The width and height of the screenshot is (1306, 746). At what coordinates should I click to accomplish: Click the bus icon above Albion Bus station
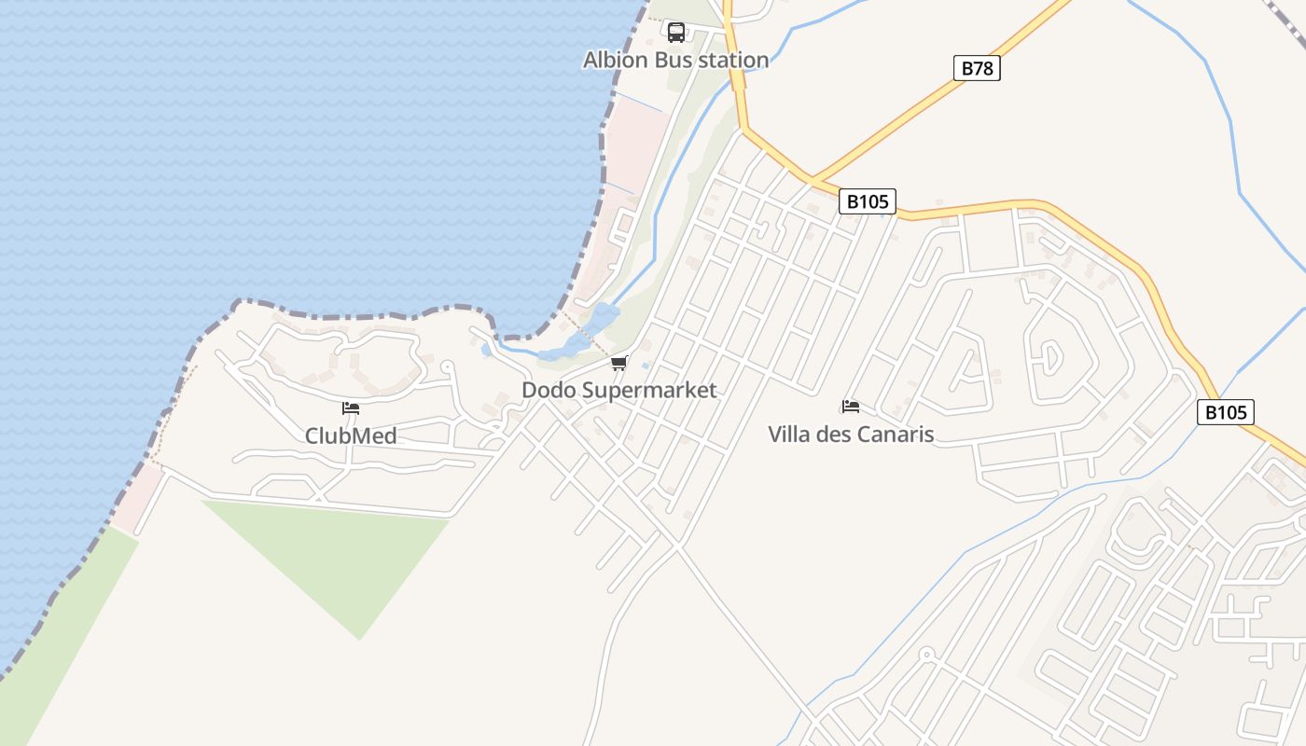click(676, 34)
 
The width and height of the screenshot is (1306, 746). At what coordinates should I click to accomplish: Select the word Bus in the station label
click(671, 60)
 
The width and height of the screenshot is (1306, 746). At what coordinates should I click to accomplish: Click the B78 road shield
click(977, 68)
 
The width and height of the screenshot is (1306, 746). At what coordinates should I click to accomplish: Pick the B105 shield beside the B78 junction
click(867, 201)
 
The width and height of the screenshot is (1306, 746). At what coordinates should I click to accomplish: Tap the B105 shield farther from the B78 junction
click(1225, 412)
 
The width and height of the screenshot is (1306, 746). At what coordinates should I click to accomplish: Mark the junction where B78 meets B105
click(813, 179)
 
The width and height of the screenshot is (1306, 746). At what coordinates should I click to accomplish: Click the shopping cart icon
click(619, 363)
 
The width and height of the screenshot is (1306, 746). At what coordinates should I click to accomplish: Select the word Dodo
click(549, 390)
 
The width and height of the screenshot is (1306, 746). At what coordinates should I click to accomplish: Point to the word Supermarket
click(649, 390)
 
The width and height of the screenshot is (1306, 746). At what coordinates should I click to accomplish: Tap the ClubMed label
click(351, 435)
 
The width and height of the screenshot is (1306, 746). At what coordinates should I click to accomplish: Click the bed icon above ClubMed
click(351, 408)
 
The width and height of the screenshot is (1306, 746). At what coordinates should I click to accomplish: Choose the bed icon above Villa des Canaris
click(850, 407)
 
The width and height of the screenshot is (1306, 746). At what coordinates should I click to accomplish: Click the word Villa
click(789, 434)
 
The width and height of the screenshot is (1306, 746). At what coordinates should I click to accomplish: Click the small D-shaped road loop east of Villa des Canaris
click(1049, 354)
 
